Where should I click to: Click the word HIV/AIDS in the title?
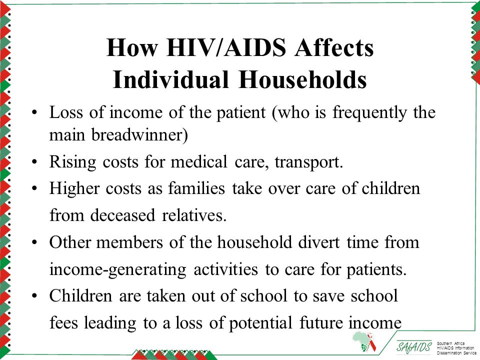click(x=226, y=47)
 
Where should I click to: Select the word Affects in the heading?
click(x=334, y=47)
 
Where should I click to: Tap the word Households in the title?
click(x=303, y=79)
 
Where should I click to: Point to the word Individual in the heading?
click(x=170, y=79)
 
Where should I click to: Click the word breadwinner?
click(x=139, y=134)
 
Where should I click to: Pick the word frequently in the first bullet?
click(x=370, y=112)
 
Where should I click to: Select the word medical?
click(x=199, y=161)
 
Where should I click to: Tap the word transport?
click(x=309, y=162)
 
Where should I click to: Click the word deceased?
click(x=122, y=214)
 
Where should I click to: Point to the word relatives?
click(x=194, y=214)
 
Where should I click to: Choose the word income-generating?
click(x=118, y=270)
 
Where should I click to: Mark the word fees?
click(x=63, y=322)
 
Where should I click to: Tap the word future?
click(x=320, y=323)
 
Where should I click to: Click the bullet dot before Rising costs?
click(x=34, y=161)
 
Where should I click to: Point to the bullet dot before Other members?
click(x=34, y=242)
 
